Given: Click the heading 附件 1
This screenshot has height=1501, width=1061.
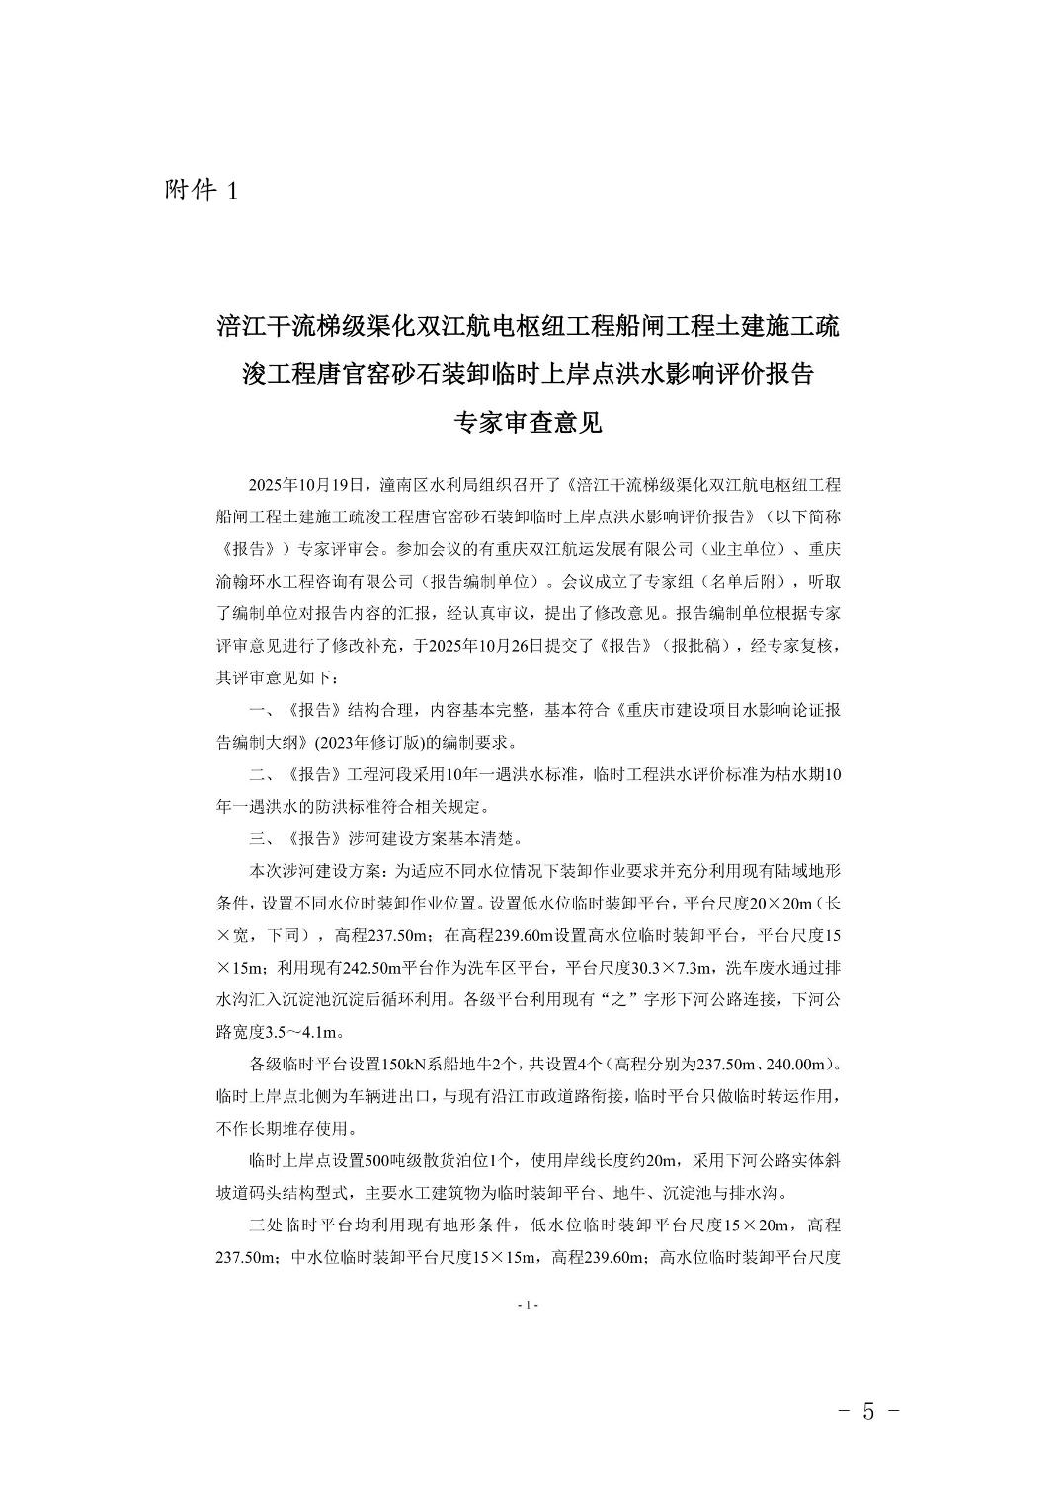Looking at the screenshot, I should point(201,191).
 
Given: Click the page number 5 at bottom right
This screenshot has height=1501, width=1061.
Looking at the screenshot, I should point(867,1411).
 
